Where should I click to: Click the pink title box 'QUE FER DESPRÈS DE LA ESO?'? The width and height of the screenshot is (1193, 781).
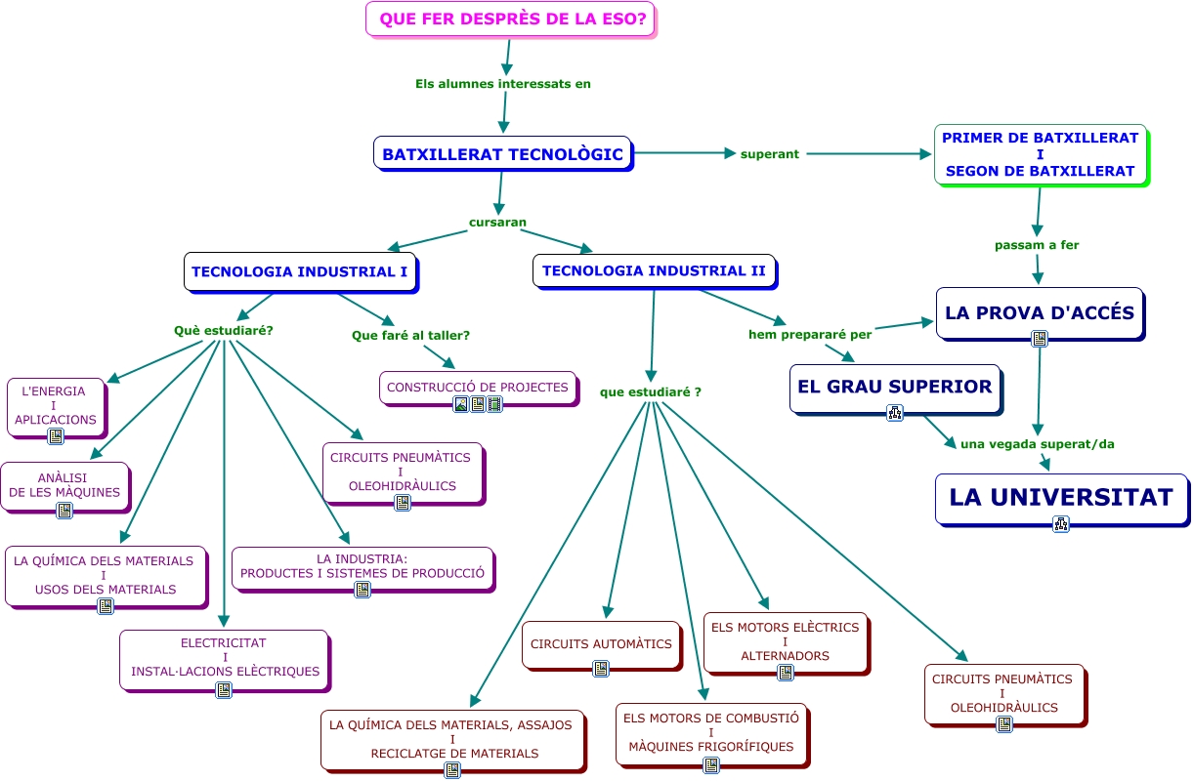[x=510, y=19]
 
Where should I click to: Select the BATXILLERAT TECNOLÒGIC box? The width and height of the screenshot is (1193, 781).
[x=502, y=154]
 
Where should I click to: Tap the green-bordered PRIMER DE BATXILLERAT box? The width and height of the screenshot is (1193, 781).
[x=1040, y=154]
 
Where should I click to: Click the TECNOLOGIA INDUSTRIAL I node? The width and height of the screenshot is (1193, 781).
[x=299, y=271]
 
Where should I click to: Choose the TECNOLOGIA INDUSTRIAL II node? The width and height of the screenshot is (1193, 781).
[x=654, y=270]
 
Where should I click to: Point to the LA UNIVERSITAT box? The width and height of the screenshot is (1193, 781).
[x=1060, y=497]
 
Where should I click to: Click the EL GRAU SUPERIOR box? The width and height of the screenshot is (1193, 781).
[x=894, y=387]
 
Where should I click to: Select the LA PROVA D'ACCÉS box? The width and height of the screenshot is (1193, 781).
[x=1039, y=312]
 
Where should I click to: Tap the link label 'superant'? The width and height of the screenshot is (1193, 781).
[x=770, y=154]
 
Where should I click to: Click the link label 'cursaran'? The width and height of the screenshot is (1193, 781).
[x=497, y=222]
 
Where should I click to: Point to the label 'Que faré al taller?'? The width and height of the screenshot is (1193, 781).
[x=410, y=335]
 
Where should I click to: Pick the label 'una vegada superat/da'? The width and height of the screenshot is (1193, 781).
[x=1037, y=443]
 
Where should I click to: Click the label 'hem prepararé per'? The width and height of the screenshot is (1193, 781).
[x=809, y=334]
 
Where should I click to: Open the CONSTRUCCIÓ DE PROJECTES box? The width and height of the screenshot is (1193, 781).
[x=477, y=387]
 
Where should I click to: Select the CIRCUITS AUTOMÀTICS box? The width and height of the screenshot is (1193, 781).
[x=601, y=644]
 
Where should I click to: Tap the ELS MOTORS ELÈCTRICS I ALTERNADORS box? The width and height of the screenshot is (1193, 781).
[x=785, y=641]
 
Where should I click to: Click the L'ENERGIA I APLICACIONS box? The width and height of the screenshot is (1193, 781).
[x=55, y=405]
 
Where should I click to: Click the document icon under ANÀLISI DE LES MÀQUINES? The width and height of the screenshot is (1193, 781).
[x=64, y=511]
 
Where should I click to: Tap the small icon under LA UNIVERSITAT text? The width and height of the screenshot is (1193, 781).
[x=1061, y=524]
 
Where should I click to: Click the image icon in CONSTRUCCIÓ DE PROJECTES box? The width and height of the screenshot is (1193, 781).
[x=461, y=404]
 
